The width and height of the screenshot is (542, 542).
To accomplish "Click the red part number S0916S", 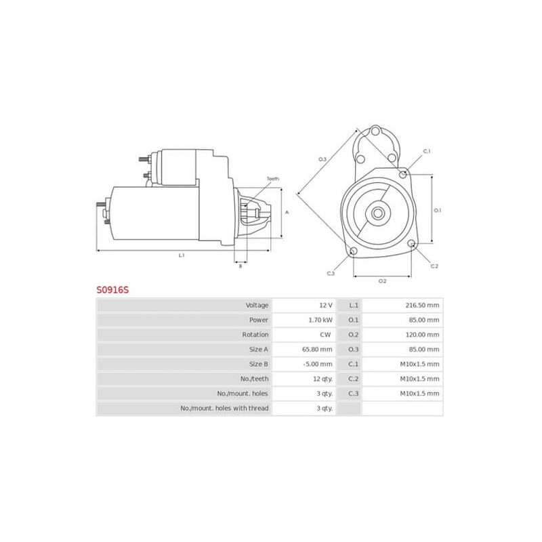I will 112,289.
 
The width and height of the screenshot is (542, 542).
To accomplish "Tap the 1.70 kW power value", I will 322,320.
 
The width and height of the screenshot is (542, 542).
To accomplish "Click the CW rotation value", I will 327,335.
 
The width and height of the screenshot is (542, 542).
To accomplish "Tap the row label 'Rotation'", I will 255,335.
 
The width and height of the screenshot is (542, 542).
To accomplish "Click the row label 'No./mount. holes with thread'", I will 224,409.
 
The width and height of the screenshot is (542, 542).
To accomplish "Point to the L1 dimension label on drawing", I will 182,255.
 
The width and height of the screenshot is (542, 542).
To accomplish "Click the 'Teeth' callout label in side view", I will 272,178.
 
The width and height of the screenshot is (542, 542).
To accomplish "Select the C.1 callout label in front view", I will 427,151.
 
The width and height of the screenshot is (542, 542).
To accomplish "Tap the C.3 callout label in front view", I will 331,273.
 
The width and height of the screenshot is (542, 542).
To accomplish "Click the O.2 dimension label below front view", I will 382,280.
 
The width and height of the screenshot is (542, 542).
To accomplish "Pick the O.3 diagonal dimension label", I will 322,159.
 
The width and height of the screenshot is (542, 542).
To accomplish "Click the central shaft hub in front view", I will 377,213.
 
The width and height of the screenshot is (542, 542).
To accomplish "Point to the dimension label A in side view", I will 287,213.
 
